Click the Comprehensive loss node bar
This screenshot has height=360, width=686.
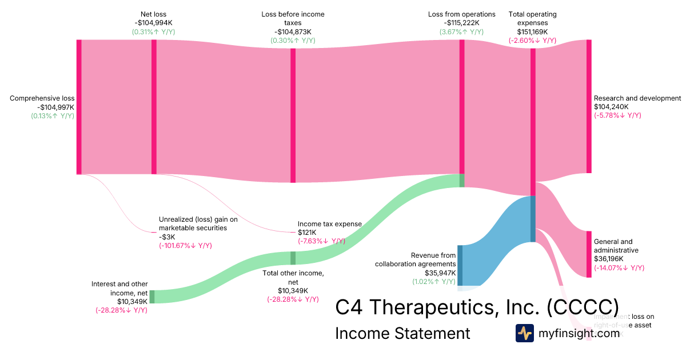(79, 107)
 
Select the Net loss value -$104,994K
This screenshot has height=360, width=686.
(154, 23)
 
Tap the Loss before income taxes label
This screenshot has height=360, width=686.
(293, 18)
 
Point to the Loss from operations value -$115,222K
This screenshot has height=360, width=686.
(461, 23)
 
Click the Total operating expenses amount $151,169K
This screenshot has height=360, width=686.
(532, 31)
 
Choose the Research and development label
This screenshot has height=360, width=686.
(637, 98)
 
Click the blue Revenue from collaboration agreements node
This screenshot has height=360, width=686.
(460, 265)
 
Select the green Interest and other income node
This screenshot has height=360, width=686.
(152, 297)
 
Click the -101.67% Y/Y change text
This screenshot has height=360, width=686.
(185, 246)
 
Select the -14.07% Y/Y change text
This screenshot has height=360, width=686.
(619, 268)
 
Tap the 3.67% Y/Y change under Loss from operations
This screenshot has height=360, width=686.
(461, 32)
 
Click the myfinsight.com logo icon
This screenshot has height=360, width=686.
(525, 333)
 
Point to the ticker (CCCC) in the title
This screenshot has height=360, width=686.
(582, 306)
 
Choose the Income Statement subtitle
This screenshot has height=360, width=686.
(402, 333)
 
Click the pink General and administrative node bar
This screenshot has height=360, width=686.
(589, 254)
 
